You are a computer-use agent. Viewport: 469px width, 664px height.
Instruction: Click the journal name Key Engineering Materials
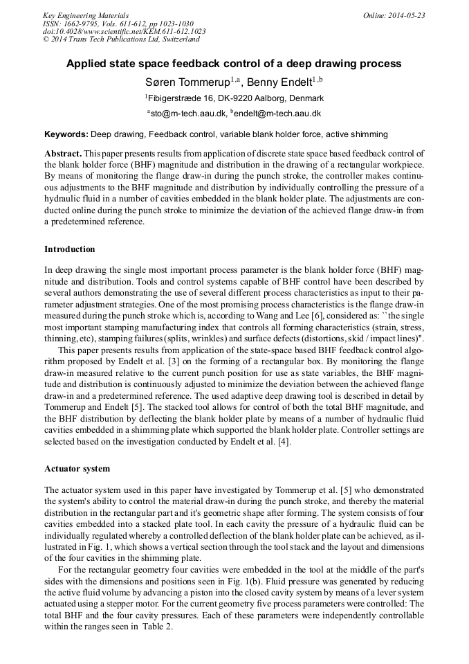point(85,15)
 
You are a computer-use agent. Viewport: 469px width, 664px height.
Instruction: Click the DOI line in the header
point(124,31)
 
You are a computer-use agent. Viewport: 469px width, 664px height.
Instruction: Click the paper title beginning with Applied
point(234,64)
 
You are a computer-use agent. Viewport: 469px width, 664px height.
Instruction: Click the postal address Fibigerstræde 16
point(234,98)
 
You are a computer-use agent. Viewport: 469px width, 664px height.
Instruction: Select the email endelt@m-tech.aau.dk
point(277,114)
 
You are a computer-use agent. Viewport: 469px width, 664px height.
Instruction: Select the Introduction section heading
point(70,249)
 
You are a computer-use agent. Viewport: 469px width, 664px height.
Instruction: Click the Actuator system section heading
point(77,469)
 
